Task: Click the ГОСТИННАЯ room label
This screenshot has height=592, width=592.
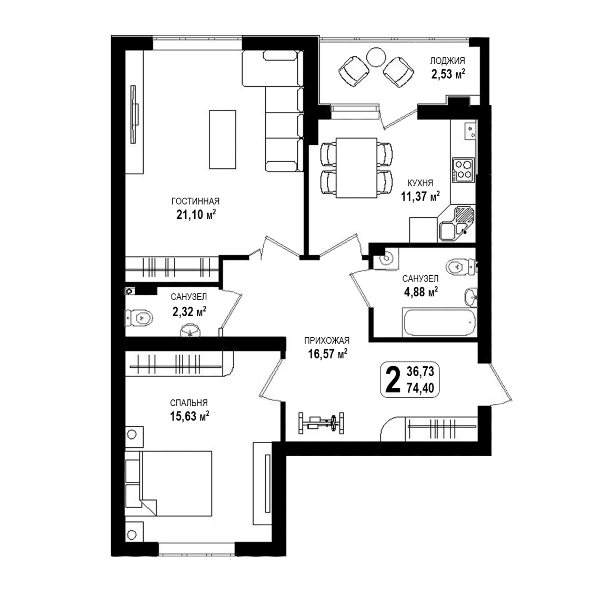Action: pos(195,201)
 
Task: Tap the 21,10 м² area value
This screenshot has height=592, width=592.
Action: pos(196,215)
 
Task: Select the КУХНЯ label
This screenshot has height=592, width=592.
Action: pos(420,183)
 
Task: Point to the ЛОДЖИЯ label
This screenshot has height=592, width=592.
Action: pos(447,61)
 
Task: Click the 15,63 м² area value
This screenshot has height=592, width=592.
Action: pos(189,416)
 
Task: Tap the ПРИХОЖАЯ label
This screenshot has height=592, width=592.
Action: pos(327,340)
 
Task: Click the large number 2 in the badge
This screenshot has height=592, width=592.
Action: pos(393,380)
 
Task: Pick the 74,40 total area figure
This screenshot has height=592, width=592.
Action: pos(420,388)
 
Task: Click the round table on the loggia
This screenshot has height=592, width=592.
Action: pos(376,57)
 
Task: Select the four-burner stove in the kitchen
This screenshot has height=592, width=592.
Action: pos(463,169)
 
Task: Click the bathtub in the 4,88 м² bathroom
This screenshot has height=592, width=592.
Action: pos(439,322)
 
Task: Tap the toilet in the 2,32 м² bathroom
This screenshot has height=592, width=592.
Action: pos(138,318)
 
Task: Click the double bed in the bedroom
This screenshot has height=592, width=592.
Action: pos(168,483)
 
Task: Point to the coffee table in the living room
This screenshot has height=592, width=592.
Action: pos(223,139)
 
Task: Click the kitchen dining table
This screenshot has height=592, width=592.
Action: pos(356,168)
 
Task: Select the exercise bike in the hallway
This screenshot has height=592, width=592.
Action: pos(322,423)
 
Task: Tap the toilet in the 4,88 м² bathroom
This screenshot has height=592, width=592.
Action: pos(460,267)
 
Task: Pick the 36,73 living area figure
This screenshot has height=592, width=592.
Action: pos(420,372)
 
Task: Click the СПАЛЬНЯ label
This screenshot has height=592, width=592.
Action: pos(189,403)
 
